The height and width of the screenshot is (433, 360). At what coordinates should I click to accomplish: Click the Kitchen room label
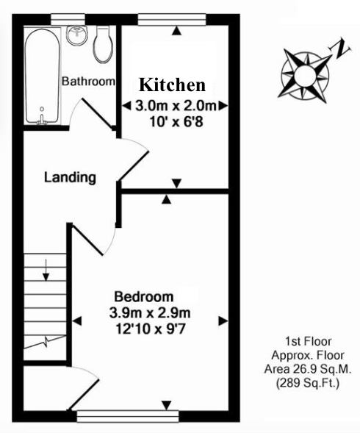pos(172,85)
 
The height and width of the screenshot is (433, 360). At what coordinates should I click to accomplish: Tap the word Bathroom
pos(88,81)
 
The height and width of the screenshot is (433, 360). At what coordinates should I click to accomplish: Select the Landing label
pos(70,178)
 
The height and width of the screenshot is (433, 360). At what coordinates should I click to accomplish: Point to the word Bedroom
pos(144,297)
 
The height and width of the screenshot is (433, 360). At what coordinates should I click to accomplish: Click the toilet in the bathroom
pos(104,44)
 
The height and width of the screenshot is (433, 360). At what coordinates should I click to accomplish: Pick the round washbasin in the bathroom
pos(77,35)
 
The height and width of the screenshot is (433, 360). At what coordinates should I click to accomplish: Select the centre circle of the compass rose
pos(305,75)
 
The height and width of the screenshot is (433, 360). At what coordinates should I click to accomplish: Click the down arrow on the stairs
pos(46,270)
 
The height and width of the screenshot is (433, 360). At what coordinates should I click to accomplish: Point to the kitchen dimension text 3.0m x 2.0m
pos(176,106)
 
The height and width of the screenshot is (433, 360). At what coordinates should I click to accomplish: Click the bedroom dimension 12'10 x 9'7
pos(150,329)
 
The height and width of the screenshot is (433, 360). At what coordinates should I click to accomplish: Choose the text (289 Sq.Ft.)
pos(308,383)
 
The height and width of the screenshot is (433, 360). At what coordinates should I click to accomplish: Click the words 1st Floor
pos(308,342)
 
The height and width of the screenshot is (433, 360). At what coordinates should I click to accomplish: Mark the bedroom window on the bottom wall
pos(128,416)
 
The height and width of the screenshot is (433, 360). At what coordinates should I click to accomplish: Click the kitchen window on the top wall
pos(172,20)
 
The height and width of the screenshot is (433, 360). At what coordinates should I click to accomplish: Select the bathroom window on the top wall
pos(68,20)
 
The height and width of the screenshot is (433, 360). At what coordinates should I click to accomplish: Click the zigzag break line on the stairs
pos(45,342)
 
